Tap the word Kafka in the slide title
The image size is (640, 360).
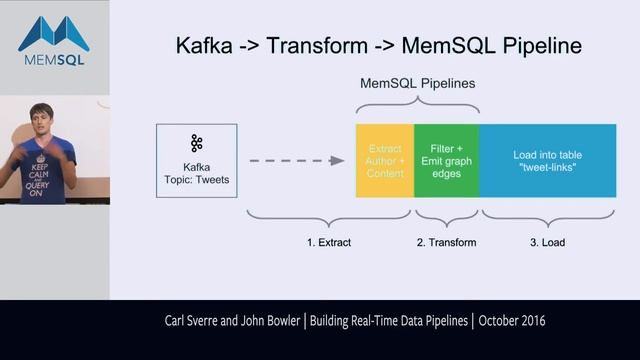tap(208, 46)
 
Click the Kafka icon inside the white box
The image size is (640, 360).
tap(196, 144)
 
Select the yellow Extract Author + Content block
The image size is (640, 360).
tap(385, 160)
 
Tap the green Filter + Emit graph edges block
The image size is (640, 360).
tap(446, 160)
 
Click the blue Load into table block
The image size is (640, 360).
tap(548, 160)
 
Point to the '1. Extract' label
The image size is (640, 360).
tap(328, 242)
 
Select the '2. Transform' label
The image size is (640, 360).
tap(446, 242)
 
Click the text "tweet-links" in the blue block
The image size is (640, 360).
tap(547, 167)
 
